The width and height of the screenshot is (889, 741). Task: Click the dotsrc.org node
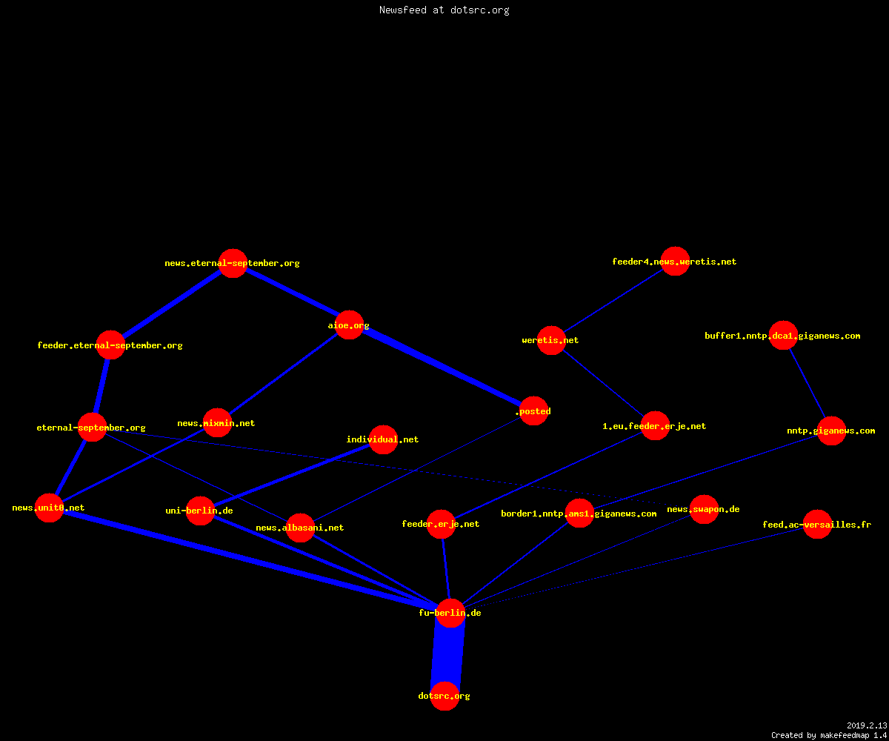coord(444,696)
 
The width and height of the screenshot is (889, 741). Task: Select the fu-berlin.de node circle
coord(450,613)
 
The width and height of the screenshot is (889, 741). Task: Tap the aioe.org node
coord(349,325)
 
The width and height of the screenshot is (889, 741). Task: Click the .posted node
coord(534,411)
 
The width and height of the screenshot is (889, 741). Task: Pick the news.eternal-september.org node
coord(233,263)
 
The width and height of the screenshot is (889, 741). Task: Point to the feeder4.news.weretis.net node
coord(675,261)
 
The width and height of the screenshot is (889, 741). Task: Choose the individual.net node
coord(383,439)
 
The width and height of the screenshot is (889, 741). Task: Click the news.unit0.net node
coord(50,508)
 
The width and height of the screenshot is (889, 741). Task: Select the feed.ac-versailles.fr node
coord(817,524)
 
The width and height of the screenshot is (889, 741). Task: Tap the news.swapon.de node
coord(705,509)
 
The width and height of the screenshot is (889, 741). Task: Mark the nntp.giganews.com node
coord(831,431)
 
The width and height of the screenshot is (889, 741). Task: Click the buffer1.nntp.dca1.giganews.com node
coord(783,335)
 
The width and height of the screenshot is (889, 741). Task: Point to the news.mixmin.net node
coord(217,423)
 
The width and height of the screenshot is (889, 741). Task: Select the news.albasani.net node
coord(300,528)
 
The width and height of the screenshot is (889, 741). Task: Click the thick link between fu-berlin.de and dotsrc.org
coord(447,654)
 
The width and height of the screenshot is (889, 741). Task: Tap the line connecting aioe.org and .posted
coord(442,368)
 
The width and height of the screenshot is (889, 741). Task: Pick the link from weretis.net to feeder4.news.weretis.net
coord(613,301)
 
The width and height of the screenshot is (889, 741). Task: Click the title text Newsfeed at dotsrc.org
coord(444,10)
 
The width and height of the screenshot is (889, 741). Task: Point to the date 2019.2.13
coord(867,725)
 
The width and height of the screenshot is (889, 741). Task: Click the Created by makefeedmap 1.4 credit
coord(829,735)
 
